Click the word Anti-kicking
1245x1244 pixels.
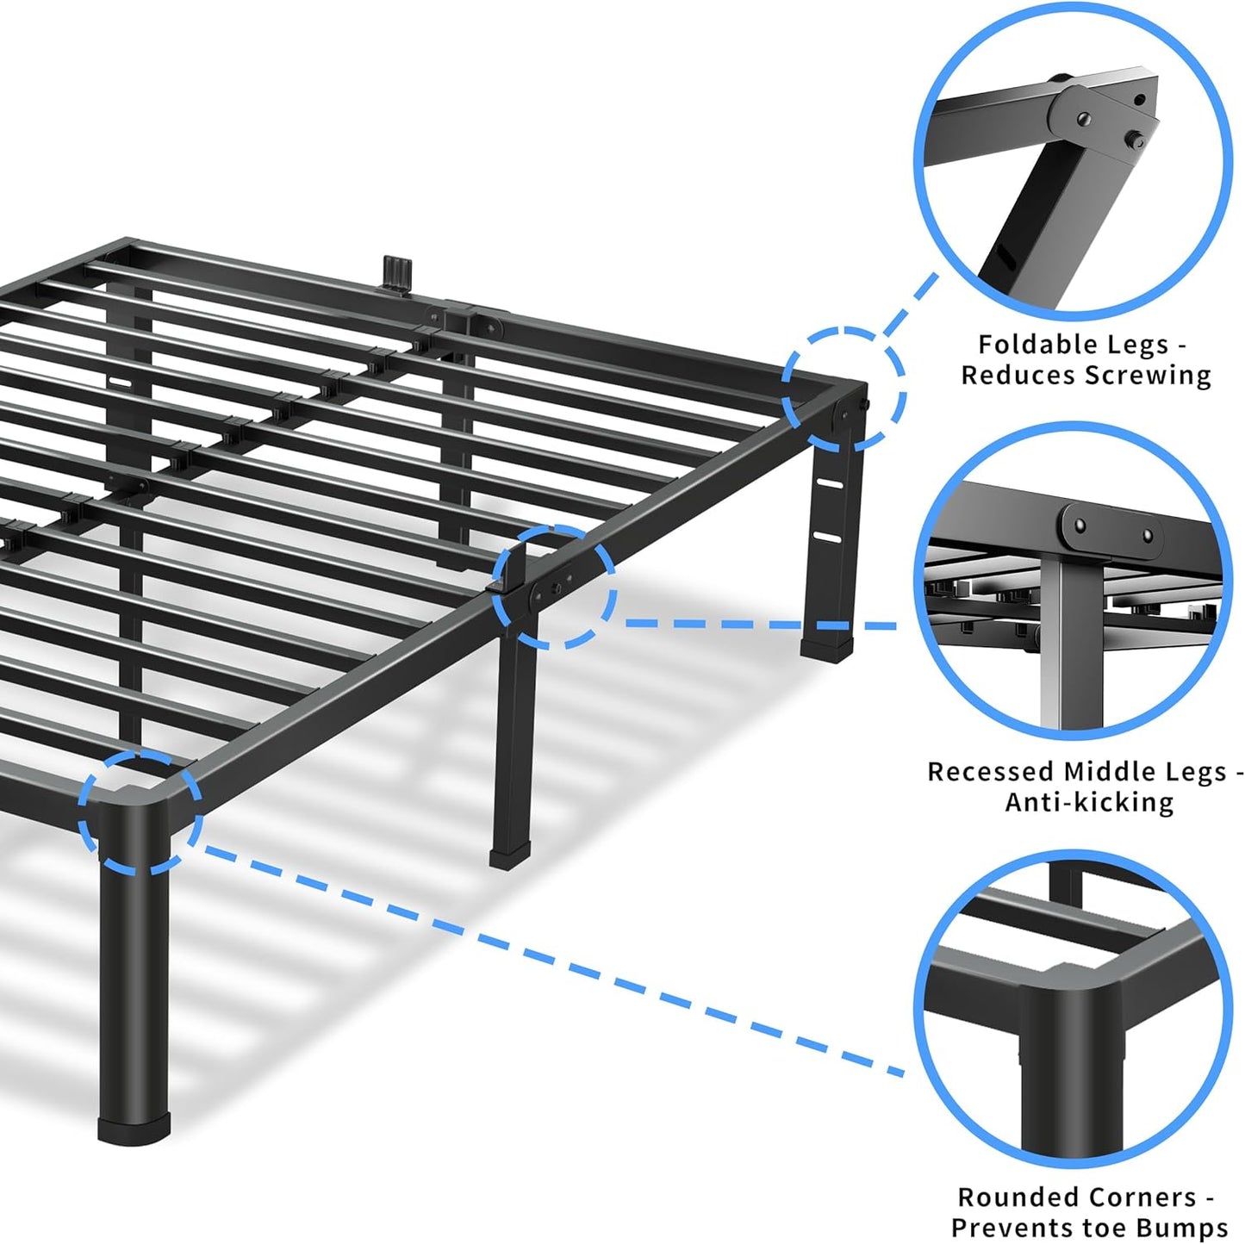click(1089, 802)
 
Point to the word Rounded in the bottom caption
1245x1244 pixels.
click(1017, 1197)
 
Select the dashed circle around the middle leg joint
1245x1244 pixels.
click(554, 586)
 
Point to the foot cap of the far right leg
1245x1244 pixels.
click(826, 645)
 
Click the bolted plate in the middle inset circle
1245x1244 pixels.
click(1111, 526)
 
